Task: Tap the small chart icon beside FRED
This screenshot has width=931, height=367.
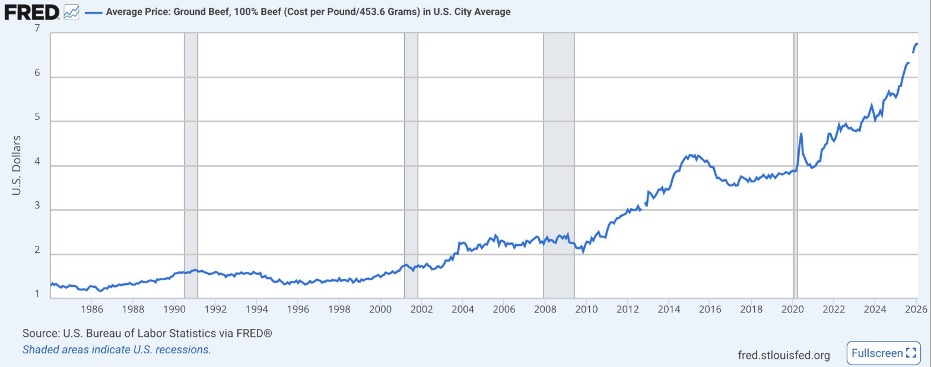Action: point(71,12)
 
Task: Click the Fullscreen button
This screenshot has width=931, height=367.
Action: point(883,353)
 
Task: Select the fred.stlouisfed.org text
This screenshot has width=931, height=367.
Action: point(783,355)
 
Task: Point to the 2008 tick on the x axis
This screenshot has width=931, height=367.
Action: point(545,309)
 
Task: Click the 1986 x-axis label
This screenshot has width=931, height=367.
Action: point(92,309)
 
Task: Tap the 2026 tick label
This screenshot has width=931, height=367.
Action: point(916,309)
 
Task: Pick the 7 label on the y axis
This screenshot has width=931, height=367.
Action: point(37,29)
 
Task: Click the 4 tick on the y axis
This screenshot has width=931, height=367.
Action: point(37,162)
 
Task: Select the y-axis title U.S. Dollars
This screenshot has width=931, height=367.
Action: point(17,165)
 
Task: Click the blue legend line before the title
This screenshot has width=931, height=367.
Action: point(94,12)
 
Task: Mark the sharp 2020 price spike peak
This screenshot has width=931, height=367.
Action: point(801,134)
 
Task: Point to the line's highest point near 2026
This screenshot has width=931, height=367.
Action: point(917,44)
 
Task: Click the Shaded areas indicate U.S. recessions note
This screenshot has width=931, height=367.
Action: point(116,350)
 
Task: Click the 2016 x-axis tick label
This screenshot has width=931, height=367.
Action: point(710,309)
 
